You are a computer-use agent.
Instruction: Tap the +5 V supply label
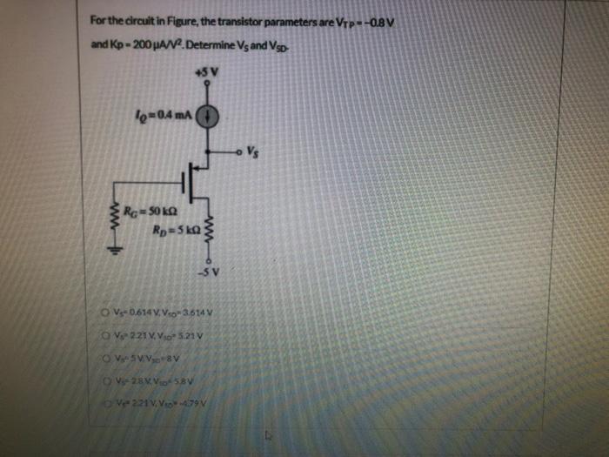205,72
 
